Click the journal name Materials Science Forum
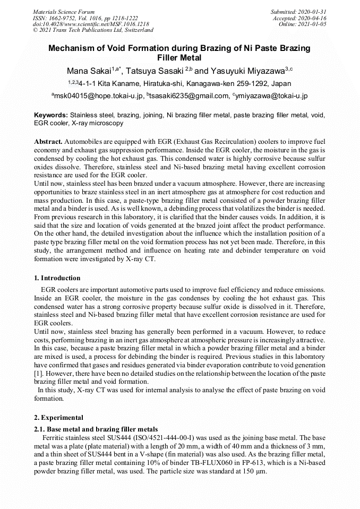(x=64, y=12)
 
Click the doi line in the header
(x=91, y=24)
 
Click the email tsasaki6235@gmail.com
(x=187, y=96)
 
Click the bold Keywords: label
(x=51, y=115)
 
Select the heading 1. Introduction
(x=57, y=278)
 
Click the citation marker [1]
(x=38, y=373)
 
